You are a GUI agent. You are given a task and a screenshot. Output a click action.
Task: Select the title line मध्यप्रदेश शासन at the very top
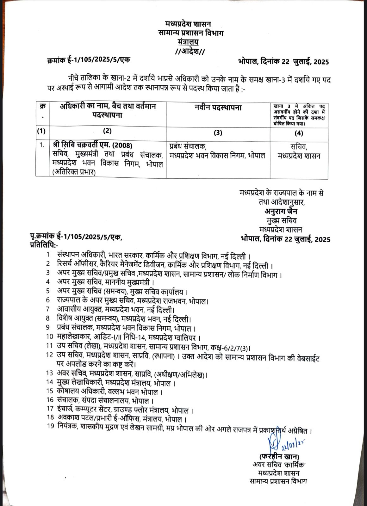pyautogui.click(x=189, y=24)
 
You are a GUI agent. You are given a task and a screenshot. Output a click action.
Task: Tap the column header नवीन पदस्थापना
pyautogui.click(x=218, y=108)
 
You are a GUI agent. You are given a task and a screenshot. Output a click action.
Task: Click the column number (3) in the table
pyautogui.click(x=218, y=133)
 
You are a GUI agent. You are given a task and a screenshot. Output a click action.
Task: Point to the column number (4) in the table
pyautogui.click(x=299, y=133)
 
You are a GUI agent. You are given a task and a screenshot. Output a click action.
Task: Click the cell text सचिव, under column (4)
pyautogui.click(x=298, y=147)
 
